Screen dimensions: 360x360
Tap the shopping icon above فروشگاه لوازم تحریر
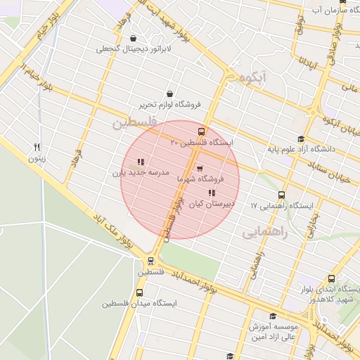tap(169, 93)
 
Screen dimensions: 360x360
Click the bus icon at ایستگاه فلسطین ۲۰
tap(202, 131)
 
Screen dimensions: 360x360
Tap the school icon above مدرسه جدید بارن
tap(141, 161)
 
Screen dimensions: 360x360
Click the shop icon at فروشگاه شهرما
tap(200, 169)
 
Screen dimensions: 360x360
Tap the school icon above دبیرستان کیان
tap(212, 193)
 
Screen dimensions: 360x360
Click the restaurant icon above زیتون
tap(37, 147)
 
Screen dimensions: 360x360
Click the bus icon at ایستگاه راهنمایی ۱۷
tap(282, 195)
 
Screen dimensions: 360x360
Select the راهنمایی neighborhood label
tap(266, 233)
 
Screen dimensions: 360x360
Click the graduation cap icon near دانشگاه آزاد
tap(301, 139)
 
